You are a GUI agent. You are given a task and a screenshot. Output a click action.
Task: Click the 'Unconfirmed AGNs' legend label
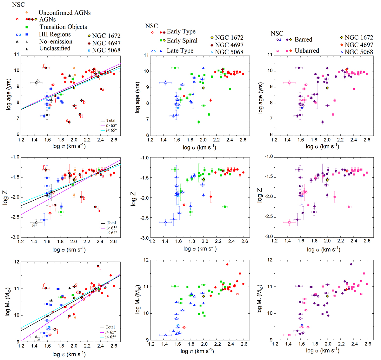point(64,13)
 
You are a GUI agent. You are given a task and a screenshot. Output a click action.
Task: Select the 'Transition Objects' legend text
point(63,27)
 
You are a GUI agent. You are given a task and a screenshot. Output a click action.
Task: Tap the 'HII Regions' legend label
point(55,34)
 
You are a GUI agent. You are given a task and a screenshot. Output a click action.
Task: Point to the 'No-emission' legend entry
point(56,42)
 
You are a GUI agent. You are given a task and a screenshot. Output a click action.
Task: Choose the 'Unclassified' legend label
point(55,48)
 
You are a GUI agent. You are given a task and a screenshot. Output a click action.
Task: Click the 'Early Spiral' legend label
point(182,40)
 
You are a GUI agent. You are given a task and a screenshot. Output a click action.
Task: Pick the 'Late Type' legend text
point(180,51)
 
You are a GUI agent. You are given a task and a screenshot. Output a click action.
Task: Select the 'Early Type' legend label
point(181,31)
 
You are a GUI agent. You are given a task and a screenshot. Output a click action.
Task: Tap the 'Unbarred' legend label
point(307,50)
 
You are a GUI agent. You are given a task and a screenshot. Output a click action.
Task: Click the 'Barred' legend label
point(304,40)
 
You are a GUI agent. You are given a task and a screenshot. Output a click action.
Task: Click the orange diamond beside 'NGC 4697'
point(342,45)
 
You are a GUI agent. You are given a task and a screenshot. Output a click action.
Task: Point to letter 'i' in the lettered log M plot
point(100,269)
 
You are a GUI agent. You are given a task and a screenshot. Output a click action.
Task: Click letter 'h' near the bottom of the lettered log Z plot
point(99,210)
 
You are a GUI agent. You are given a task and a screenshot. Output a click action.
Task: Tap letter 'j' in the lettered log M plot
point(57,332)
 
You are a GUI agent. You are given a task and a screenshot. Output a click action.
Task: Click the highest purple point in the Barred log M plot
point(351,264)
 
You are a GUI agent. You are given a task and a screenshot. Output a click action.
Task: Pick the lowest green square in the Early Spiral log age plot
point(198,122)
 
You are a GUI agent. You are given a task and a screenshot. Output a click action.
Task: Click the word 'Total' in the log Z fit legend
point(111,223)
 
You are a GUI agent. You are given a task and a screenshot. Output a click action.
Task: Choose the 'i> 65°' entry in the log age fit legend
point(111,125)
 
